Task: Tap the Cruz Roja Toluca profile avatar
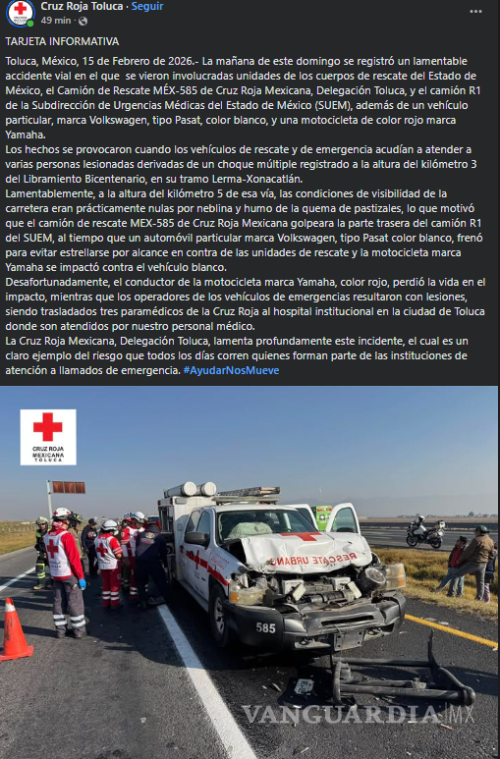tap(19, 13)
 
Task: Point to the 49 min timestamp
tap(56, 21)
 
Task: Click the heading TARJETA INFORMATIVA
tap(62, 42)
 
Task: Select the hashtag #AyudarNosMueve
tap(231, 370)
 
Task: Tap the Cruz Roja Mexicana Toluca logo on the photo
tap(47, 437)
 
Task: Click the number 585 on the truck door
tap(265, 627)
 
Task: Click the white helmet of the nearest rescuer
tap(61, 514)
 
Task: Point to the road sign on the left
tap(67, 487)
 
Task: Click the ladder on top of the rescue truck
tap(221, 493)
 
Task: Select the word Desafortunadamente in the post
tap(59, 282)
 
